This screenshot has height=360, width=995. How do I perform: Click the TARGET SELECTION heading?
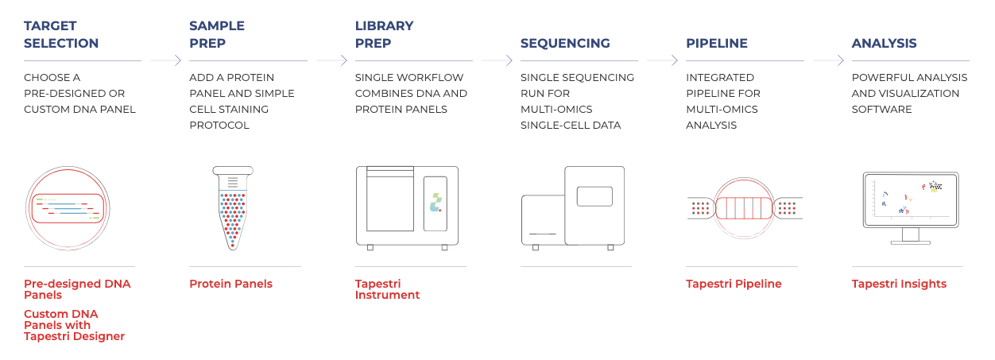tap(61, 34)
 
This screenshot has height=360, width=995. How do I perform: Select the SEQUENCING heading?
tap(565, 43)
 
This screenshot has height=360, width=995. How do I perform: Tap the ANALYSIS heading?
tap(884, 43)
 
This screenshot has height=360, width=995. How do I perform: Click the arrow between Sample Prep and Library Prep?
tap(331, 60)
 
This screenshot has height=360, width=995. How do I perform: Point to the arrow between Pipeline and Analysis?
tap(828, 60)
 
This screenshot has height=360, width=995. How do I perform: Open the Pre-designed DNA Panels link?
tap(77, 289)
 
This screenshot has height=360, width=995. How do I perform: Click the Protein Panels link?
tap(230, 284)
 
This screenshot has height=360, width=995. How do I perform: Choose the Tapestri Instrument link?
tap(387, 289)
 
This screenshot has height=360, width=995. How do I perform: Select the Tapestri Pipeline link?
tap(734, 284)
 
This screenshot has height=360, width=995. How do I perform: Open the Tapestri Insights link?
tap(899, 284)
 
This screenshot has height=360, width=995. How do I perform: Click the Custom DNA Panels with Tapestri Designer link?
tap(74, 325)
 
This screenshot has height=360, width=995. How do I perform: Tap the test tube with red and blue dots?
tap(233, 208)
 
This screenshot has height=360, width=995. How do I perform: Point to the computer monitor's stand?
tap(910, 236)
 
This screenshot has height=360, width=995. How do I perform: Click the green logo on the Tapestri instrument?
tap(436, 203)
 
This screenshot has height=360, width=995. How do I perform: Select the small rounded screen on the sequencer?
tap(594, 196)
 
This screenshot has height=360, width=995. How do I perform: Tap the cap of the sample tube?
tap(233, 170)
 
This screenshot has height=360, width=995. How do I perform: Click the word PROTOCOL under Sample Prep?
tap(219, 126)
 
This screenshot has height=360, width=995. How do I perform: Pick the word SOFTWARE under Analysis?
tap(881, 110)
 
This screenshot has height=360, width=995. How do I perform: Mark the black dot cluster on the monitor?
tap(935, 186)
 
